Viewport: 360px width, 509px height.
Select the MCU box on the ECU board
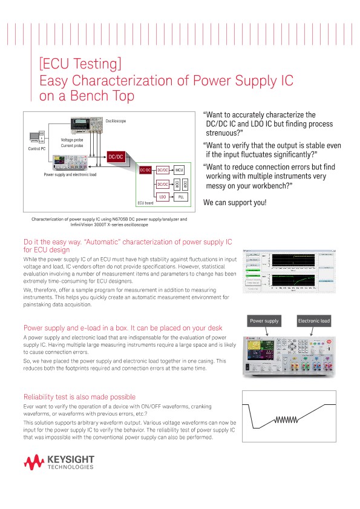[x=179, y=171]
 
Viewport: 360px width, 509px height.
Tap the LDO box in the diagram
[x=163, y=197]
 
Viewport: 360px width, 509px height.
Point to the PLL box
[x=182, y=197]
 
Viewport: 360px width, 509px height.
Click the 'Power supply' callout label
[x=265, y=321]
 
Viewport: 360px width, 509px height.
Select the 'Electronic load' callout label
[x=313, y=321]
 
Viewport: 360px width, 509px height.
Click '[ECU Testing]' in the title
[x=80, y=64]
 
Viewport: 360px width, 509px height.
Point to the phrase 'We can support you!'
[x=235, y=202]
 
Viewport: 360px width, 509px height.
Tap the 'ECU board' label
[x=145, y=203]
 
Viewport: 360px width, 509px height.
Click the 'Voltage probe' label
[x=71, y=140]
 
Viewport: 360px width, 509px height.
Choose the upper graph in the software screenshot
[x=292, y=260]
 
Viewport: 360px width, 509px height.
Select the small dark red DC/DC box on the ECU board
[x=145, y=171]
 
